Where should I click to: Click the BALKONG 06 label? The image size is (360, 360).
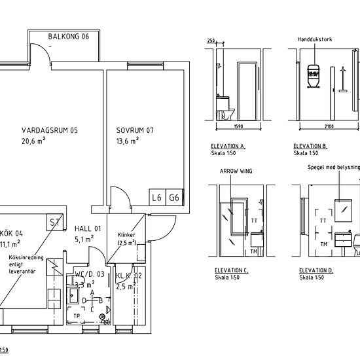68,37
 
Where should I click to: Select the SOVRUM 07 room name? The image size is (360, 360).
135,130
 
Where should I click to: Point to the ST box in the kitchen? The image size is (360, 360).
54,223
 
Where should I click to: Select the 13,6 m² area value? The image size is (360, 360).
128,141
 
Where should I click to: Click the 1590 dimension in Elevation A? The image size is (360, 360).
238,127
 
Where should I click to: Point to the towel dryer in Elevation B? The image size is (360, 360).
314,74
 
